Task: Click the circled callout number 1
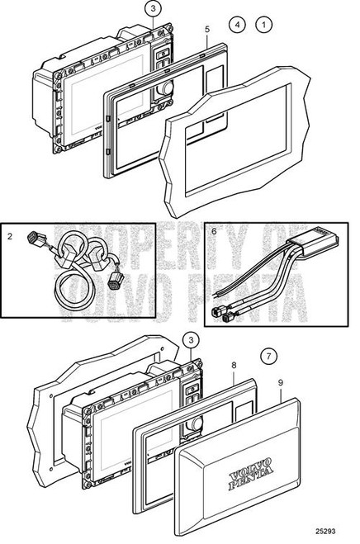tap(265, 26)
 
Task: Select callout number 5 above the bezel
tap(206, 30)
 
